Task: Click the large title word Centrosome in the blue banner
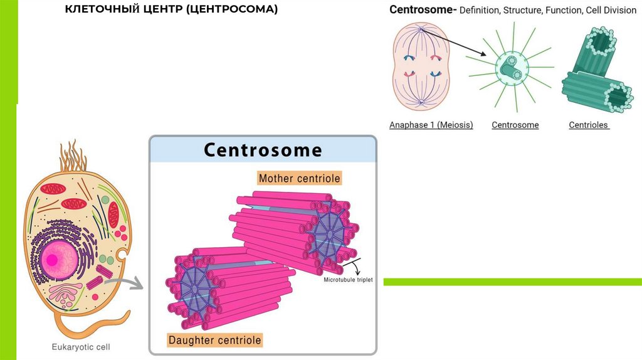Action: (x=263, y=151)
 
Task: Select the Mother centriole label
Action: (x=299, y=178)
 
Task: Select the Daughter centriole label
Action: (x=214, y=341)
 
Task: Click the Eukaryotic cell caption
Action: (x=80, y=346)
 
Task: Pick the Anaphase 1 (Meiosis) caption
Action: (x=431, y=125)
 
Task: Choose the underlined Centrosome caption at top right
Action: (x=515, y=125)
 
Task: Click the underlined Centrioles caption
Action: (x=589, y=125)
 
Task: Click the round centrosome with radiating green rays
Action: (x=510, y=67)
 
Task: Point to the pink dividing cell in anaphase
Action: (x=421, y=66)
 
